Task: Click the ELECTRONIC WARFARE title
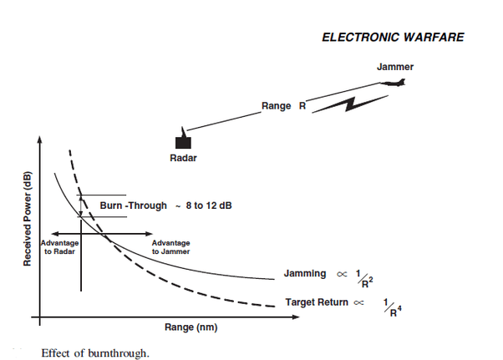click(x=393, y=38)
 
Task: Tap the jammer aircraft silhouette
click(x=394, y=83)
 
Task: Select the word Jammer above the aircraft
click(x=395, y=67)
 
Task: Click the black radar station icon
click(x=183, y=139)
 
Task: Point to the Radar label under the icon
click(x=183, y=158)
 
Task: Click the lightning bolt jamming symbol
click(x=350, y=104)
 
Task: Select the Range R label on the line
click(x=283, y=106)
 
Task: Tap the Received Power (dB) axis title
click(x=28, y=219)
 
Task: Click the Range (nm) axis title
click(x=191, y=327)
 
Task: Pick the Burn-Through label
click(x=133, y=205)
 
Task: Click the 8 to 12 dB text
click(x=209, y=205)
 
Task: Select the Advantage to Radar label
click(x=59, y=247)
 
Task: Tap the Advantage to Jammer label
click(x=170, y=247)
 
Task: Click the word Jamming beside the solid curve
click(x=305, y=273)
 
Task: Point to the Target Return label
click(x=317, y=302)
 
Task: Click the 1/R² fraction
click(x=364, y=279)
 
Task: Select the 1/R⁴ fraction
click(x=393, y=307)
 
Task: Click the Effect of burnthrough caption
click(x=95, y=353)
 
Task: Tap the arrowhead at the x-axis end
click(x=296, y=317)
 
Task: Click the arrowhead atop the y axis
click(x=40, y=140)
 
